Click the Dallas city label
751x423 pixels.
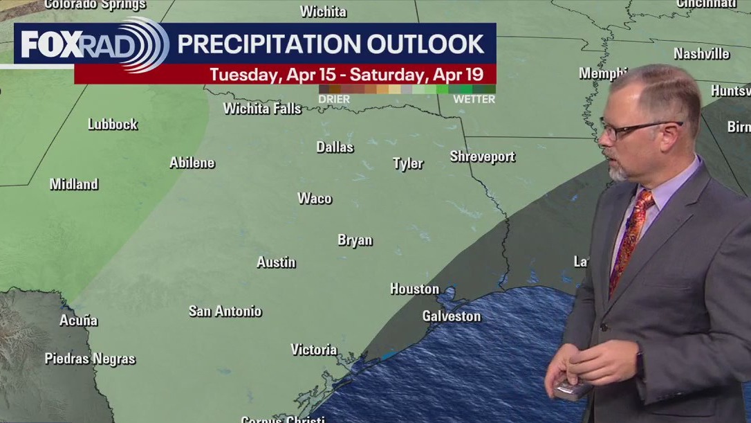335,147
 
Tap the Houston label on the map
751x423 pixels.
414,289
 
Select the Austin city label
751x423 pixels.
276,262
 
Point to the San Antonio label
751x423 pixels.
225,311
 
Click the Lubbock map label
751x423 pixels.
113,124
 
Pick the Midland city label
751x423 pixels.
74,184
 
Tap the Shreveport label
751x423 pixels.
482,156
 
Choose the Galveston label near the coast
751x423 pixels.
451,316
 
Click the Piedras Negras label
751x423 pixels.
90,359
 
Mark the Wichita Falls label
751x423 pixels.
262,108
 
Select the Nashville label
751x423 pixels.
701,53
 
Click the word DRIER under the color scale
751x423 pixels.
334,99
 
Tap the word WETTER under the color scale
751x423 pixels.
474,99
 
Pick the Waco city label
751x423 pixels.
315,199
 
